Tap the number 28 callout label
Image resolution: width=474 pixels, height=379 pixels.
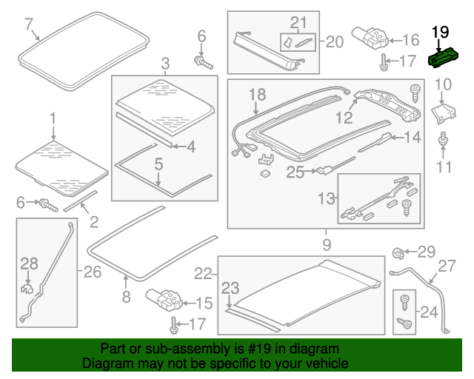click(x=28, y=263)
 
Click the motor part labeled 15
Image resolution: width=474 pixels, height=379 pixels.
click(x=165, y=299)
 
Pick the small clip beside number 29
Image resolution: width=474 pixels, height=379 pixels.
click(x=398, y=253)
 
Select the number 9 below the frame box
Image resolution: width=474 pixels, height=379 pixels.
click(x=325, y=243)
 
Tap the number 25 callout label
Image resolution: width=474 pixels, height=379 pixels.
click(x=296, y=172)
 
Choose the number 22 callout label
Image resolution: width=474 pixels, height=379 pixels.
click(x=204, y=274)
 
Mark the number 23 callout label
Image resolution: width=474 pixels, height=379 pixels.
click(x=231, y=288)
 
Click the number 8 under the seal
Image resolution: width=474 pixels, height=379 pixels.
click(x=126, y=298)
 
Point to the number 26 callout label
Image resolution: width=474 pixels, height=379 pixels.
click(x=92, y=272)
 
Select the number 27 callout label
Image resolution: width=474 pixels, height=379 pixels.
click(x=448, y=266)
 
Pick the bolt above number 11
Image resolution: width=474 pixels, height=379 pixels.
click(x=443, y=138)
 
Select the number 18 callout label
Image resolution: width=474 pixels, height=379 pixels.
click(x=256, y=94)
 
